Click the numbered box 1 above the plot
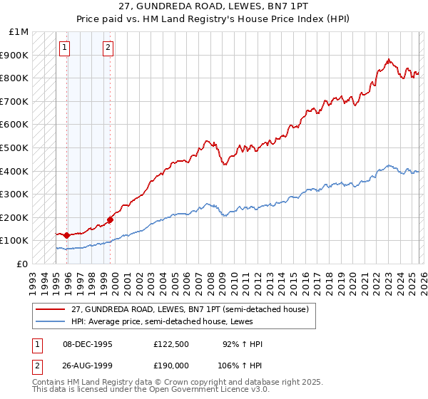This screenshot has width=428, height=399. [x=65, y=48]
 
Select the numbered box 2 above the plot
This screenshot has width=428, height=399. [x=108, y=48]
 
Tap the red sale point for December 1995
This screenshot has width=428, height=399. [x=67, y=235]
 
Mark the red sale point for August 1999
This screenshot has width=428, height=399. [x=111, y=219]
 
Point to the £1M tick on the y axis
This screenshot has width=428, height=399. [x=20, y=32]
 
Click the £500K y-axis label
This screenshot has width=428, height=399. [x=15, y=147]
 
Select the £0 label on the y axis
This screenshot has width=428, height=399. [x=23, y=264]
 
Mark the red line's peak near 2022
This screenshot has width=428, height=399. [x=388, y=60]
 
